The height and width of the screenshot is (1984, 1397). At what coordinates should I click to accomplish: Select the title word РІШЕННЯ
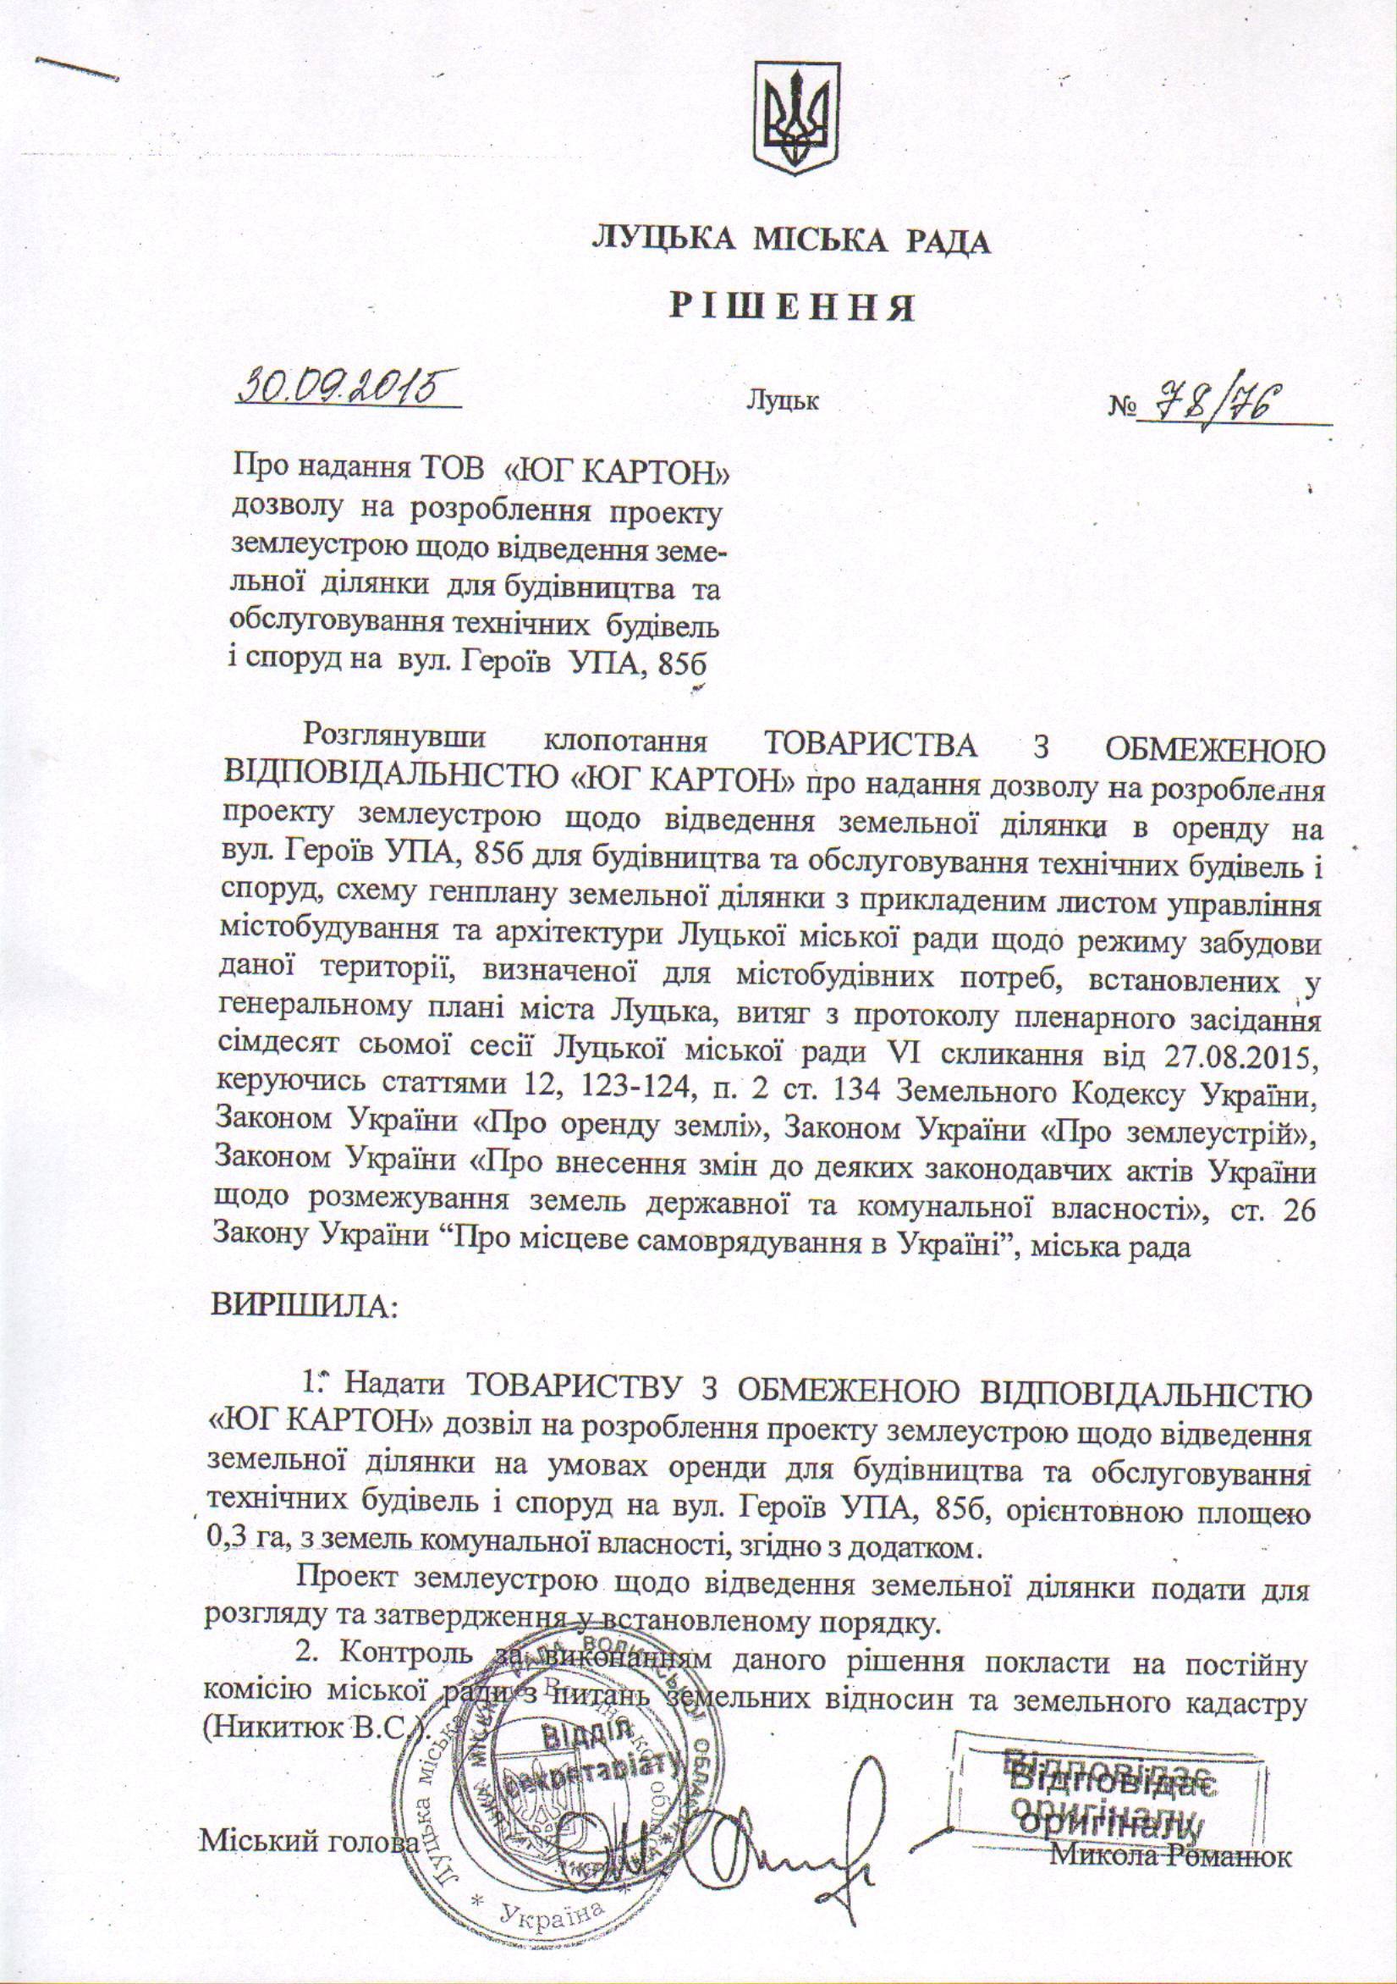(793, 306)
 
